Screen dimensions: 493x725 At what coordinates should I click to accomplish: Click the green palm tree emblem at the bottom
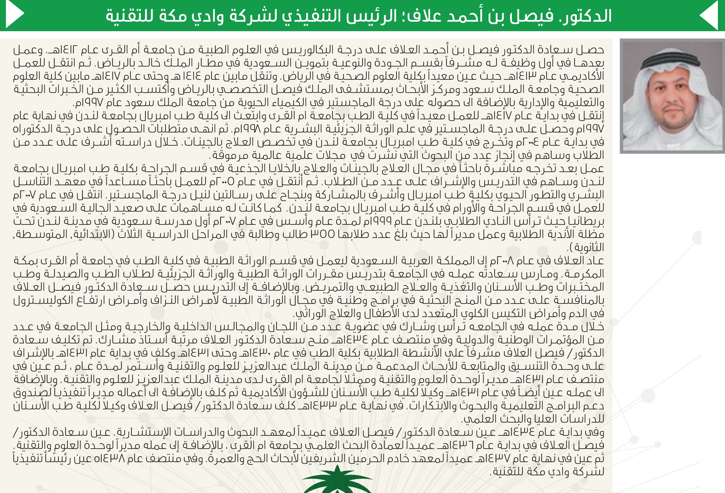click(x=337, y=481)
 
